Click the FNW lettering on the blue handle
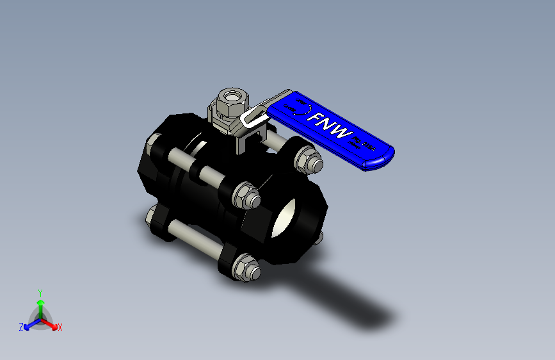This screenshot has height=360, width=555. pyautogui.click(x=330, y=127)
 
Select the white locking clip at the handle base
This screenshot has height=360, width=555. pyautogui.click(x=254, y=117)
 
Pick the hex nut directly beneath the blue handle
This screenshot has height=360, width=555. pyautogui.click(x=310, y=162)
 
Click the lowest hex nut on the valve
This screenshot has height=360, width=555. pyautogui.click(x=245, y=268)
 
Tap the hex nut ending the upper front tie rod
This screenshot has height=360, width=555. pyautogui.click(x=246, y=195)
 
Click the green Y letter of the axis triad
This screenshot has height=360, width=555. pyautogui.click(x=40, y=292)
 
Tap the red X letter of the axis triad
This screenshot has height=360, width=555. pyautogui.click(x=60, y=327)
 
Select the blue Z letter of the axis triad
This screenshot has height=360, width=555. pyautogui.click(x=21, y=327)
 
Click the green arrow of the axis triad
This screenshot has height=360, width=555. pyautogui.click(x=40, y=304)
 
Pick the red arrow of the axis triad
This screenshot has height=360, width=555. pyautogui.click(x=51, y=323)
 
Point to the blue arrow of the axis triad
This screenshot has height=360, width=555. pyautogui.click(x=29, y=323)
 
